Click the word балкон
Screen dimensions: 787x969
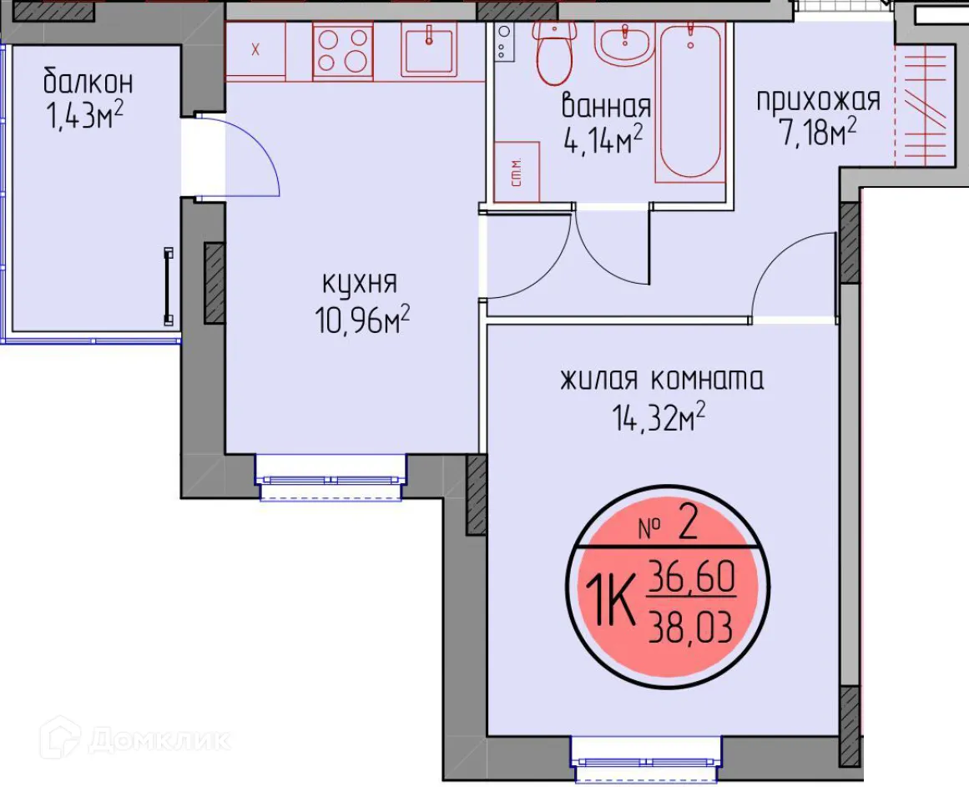(x=88, y=83)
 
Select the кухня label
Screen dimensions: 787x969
(x=359, y=284)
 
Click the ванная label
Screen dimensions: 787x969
(x=606, y=107)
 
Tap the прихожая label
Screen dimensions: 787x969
(x=818, y=100)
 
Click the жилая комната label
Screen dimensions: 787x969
(x=661, y=380)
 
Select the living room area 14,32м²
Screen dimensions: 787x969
(x=659, y=416)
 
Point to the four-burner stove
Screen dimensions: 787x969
(x=342, y=50)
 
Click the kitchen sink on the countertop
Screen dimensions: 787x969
(x=428, y=49)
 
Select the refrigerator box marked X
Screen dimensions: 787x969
(x=255, y=49)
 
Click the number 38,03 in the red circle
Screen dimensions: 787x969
(x=690, y=625)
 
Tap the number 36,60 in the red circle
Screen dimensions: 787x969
(x=690, y=577)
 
